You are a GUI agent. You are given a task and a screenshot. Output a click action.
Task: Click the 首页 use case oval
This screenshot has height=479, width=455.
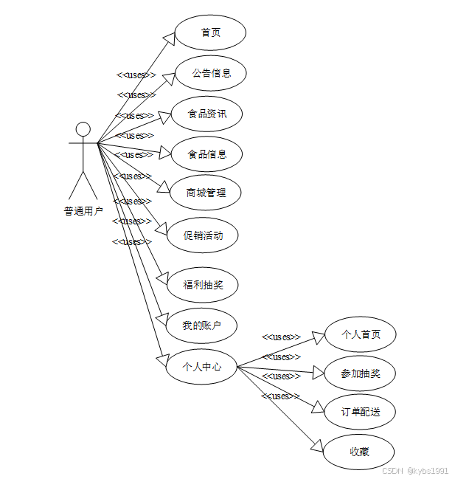coord(210,32)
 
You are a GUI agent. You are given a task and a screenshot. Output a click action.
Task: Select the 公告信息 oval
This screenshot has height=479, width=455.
coord(211,73)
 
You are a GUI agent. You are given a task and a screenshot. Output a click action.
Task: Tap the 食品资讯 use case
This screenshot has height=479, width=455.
coord(206,114)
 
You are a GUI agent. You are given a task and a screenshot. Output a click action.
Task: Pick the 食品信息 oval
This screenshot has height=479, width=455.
coord(206,154)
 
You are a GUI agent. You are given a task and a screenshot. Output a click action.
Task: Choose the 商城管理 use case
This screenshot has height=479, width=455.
coord(206,193)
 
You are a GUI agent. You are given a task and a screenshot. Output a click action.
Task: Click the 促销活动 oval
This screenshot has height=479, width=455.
coord(203,236)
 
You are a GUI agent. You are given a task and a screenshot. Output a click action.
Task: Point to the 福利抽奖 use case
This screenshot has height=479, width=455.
coord(203,284)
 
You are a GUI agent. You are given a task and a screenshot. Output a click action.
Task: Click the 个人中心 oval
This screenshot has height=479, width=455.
coord(201,365)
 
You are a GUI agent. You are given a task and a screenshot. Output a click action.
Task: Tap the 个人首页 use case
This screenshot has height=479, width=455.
coord(361,334)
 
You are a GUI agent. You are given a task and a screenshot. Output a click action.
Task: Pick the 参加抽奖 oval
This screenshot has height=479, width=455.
coord(361,373)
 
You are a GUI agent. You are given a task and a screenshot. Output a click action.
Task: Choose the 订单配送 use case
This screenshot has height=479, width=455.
coord(361,412)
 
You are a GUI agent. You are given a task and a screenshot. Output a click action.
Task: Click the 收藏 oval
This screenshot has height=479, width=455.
coord(359,452)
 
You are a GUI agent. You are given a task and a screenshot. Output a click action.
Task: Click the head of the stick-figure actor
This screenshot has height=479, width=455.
coord(83,129)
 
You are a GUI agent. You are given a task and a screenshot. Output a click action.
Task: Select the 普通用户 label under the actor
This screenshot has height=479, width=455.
coord(83,211)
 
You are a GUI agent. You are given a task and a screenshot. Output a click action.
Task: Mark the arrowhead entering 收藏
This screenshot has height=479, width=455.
coord(317,445)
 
